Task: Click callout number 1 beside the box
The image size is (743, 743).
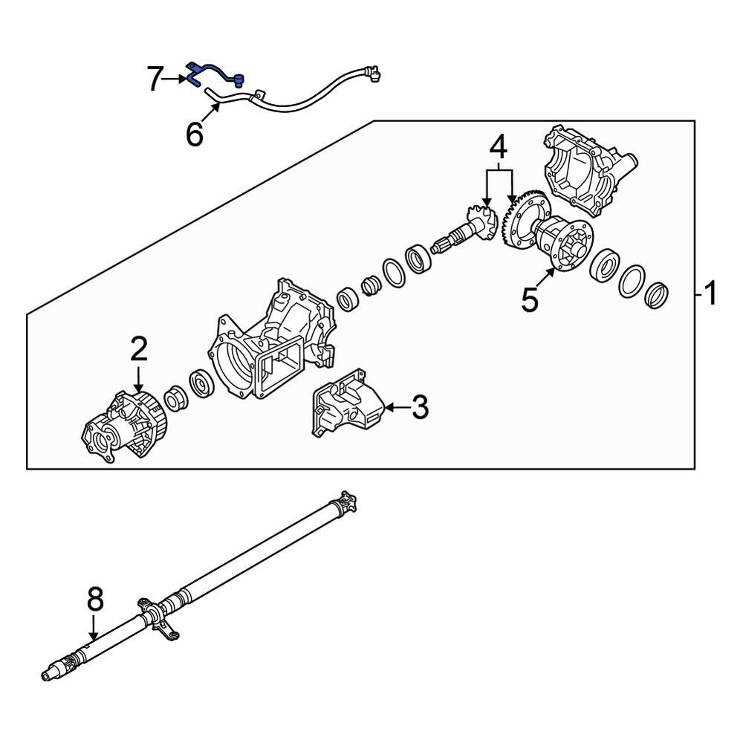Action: pos(711,293)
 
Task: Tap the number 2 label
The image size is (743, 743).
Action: pos(139,350)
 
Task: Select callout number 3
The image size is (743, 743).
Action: pos(420,407)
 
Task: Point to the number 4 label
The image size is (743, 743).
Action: pos(498,147)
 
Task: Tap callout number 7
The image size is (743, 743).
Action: pos(155,79)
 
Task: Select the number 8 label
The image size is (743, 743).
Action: pos(95,600)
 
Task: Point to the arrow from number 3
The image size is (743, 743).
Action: pos(397,407)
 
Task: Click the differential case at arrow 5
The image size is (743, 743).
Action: pos(564,243)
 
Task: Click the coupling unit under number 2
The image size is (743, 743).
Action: pos(125,425)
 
